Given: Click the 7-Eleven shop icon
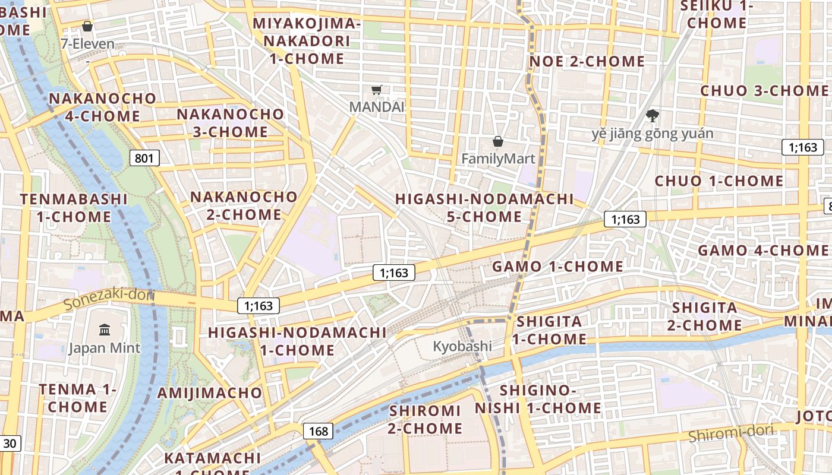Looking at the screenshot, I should [87, 26].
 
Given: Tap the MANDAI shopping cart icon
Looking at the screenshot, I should [376, 90].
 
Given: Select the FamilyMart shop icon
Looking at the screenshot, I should [498, 141].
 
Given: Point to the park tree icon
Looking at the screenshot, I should [652, 115].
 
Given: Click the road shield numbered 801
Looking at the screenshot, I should [144, 158].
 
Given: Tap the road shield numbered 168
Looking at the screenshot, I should [319, 431].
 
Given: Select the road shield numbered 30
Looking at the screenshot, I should [10, 443].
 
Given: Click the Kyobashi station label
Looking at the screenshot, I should [462, 346].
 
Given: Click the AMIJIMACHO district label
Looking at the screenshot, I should [209, 392].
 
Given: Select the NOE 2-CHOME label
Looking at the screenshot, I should [587, 61].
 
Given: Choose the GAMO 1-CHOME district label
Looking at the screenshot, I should [557, 267].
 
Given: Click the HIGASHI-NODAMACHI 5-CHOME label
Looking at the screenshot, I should [484, 208].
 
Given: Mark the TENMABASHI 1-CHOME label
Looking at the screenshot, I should [74, 208].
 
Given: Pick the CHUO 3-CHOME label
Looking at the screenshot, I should [764, 91].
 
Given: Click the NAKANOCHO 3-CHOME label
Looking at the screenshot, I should [231, 123].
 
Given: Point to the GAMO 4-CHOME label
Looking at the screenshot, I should [762, 250].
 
